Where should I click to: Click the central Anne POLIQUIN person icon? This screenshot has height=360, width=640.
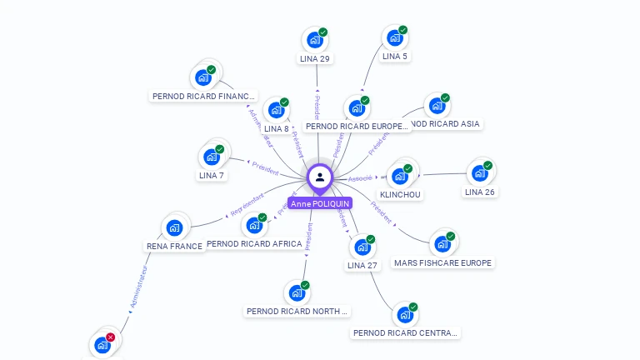click(x=320, y=177)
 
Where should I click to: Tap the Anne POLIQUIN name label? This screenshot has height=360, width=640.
click(x=320, y=203)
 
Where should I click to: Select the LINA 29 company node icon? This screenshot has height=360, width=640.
click(x=314, y=40)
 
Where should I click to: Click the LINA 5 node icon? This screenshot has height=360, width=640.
click(x=394, y=38)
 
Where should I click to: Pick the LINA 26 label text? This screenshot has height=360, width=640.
click(x=479, y=192)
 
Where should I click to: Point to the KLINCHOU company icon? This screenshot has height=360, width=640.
click(x=400, y=176)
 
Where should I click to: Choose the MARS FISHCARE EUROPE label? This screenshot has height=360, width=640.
click(x=443, y=262)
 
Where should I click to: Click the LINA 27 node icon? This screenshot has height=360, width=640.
click(x=362, y=247)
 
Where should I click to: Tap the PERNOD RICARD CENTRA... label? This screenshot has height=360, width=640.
click(x=405, y=332)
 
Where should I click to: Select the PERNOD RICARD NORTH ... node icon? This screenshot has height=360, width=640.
click(x=297, y=293)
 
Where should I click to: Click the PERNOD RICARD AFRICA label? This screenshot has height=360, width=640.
click(x=254, y=243)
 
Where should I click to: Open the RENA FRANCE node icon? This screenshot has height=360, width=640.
click(x=174, y=227)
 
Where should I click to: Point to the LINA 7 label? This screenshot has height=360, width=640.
click(x=212, y=175)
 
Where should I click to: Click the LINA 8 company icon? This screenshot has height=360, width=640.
click(x=276, y=110)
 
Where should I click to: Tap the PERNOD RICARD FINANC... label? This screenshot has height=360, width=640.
click(x=203, y=96)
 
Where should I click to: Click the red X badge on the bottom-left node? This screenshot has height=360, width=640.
click(x=110, y=337)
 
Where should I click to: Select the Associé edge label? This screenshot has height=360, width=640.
click(x=360, y=177)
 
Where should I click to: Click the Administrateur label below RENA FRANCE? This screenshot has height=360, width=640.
click(x=138, y=287)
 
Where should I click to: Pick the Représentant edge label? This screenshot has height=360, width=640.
click(x=247, y=204)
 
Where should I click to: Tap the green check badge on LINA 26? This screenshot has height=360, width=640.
click(x=487, y=166)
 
